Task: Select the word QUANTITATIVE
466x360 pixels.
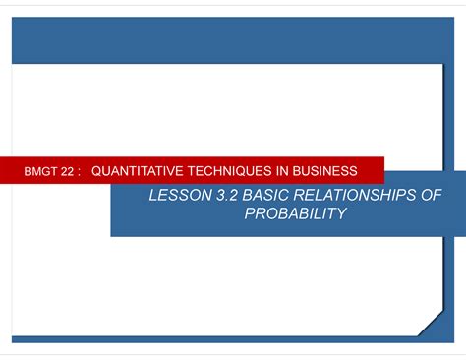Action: tap(140, 170)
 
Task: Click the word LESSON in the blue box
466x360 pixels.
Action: tap(178, 196)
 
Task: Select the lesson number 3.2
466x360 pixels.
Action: tap(225, 196)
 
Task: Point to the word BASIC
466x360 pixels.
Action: tap(267, 196)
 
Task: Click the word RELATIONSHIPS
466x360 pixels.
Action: tap(360, 196)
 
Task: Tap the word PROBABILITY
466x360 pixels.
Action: tap(295, 213)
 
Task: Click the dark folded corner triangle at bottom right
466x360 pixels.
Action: tap(434, 325)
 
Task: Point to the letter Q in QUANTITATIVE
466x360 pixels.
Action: tap(96, 170)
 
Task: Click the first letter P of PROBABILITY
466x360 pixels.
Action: tap(249, 213)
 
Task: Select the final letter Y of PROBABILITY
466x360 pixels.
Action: tap(341, 213)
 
